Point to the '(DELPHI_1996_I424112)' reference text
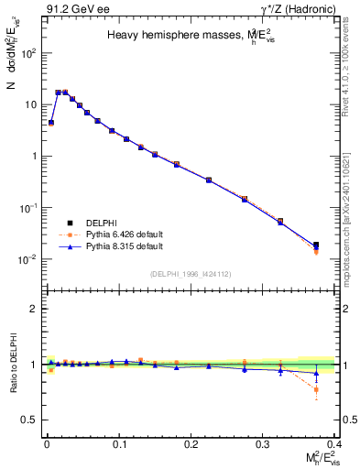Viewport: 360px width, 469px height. (x=189, y=273)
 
